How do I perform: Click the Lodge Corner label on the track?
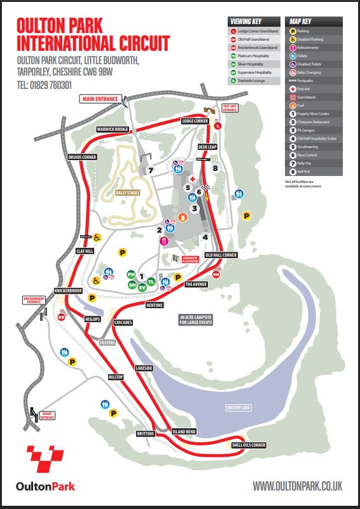[x=195, y=121]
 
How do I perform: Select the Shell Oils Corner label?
[x=249, y=445]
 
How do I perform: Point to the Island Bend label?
[x=184, y=431]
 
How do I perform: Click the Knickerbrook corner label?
[x=69, y=290]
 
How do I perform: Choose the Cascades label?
[x=123, y=322]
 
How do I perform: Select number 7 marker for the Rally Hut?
[x=151, y=170]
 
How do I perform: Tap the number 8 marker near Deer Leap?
[x=216, y=168]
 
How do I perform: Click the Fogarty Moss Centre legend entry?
[x=314, y=113]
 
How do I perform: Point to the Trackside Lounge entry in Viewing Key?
[x=253, y=81]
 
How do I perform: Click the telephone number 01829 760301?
[x=44, y=85]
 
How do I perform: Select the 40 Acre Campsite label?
[x=197, y=318]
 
